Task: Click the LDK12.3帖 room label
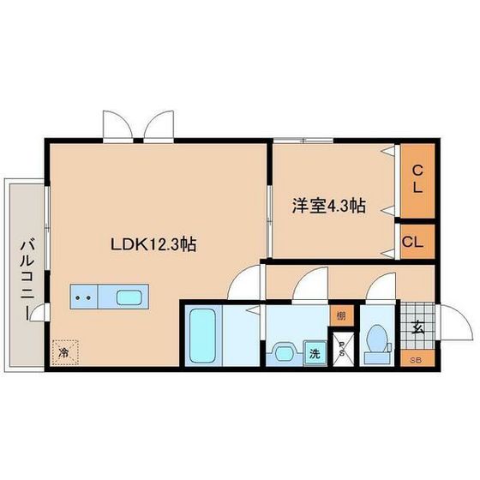point(154,244)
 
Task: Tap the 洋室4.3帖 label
point(329,206)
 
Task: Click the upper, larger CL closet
point(417,180)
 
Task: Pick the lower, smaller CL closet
point(413,241)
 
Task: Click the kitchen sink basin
point(129,297)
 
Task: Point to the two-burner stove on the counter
point(84,297)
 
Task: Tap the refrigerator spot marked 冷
point(64,351)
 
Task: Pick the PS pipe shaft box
point(342,350)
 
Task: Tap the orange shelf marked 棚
point(342,315)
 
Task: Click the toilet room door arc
point(381,287)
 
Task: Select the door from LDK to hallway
point(249,280)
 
